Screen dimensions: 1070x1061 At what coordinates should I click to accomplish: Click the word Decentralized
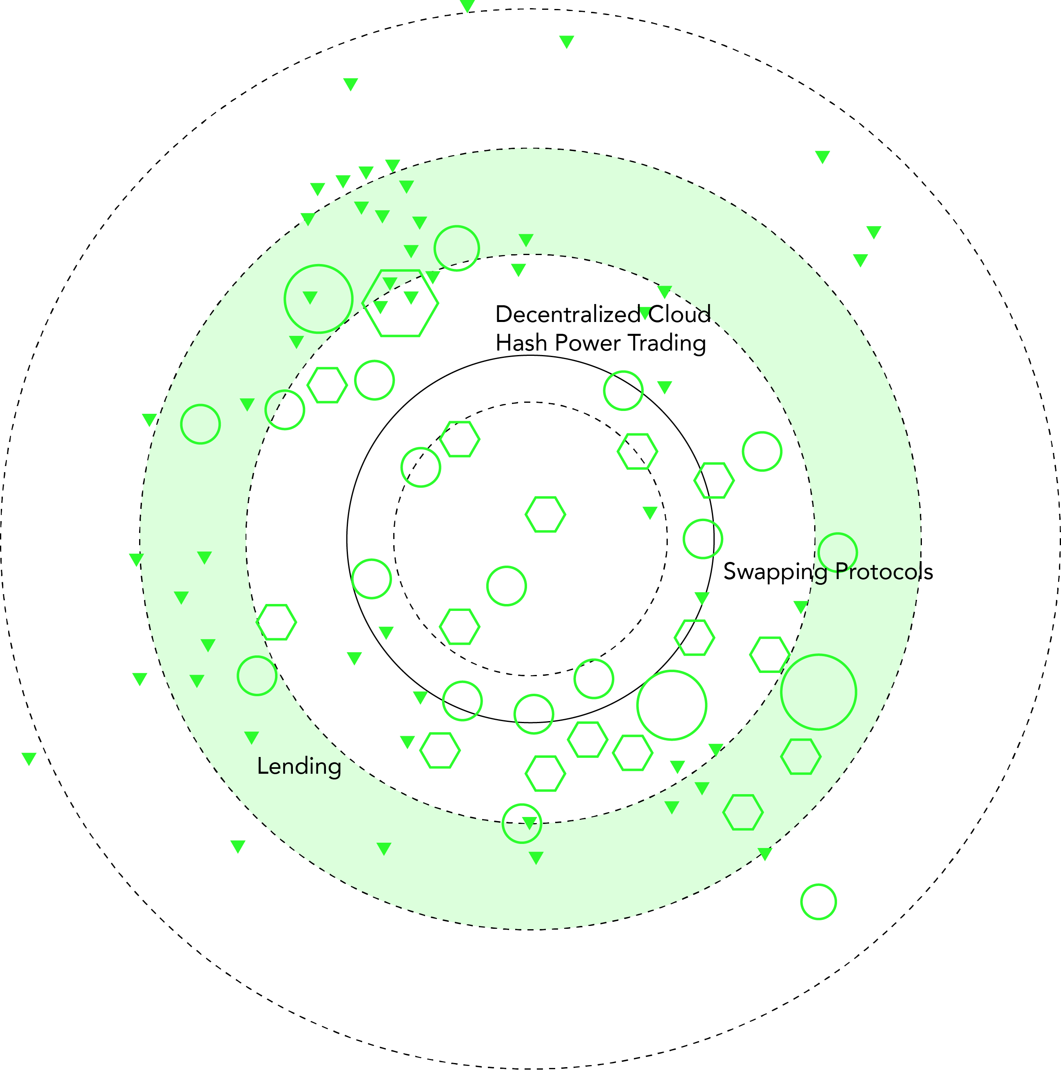pos(567,315)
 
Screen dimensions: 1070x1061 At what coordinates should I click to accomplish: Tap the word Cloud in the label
pos(680,315)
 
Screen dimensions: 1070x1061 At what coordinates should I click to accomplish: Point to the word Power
pos(588,343)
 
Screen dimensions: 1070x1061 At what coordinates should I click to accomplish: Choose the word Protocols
pos(884,572)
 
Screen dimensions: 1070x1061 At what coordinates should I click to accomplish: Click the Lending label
pos(299,766)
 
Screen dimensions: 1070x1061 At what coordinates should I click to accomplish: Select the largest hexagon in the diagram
pos(400,303)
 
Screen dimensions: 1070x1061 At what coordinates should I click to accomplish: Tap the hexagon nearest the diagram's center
pos(545,515)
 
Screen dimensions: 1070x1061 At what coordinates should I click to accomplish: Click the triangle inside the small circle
pos(529,823)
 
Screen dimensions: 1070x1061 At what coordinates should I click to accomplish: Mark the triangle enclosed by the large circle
pos(310,297)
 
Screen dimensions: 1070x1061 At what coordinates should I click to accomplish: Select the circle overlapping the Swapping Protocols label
pos(837,553)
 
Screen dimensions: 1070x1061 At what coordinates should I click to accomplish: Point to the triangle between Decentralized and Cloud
pos(645,313)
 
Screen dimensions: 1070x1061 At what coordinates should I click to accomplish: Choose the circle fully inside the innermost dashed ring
pos(506,586)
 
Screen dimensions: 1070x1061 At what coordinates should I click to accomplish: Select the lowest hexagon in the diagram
pos(743,812)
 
